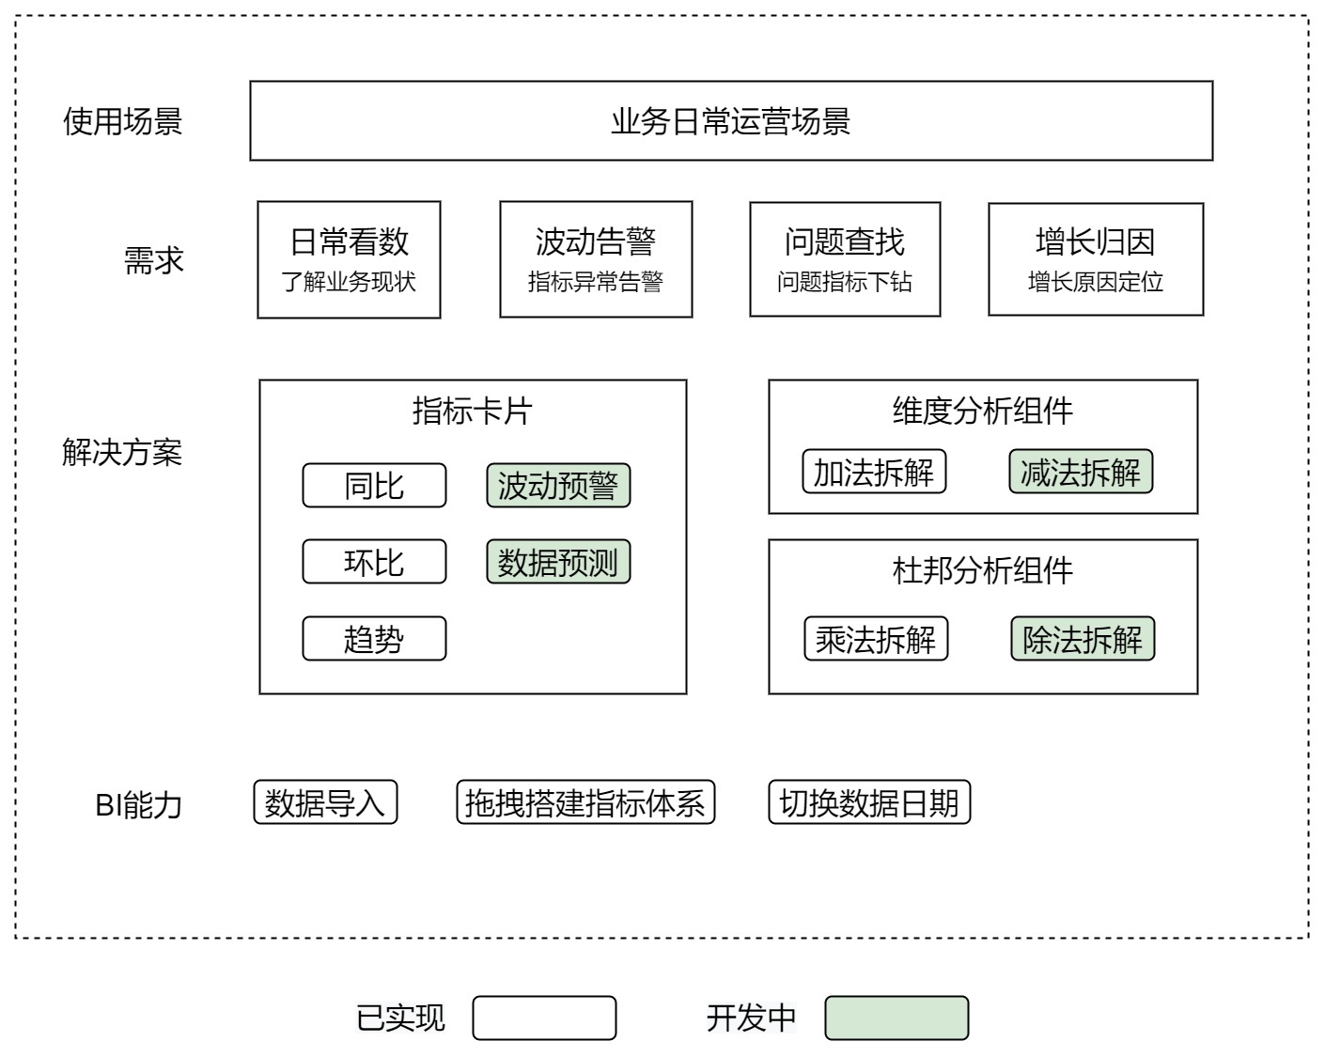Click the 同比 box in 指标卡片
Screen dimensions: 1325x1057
tap(374, 485)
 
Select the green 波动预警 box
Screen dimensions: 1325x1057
tap(558, 485)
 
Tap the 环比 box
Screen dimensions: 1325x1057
tap(374, 562)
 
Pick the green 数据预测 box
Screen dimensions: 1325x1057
tap(558, 562)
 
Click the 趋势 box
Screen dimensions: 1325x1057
tap(374, 638)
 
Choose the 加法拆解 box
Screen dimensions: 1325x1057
tap(874, 471)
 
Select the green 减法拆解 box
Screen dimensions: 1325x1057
tap(1081, 471)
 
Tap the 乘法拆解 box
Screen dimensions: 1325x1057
tap(876, 638)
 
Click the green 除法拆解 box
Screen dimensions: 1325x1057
tap(1083, 638)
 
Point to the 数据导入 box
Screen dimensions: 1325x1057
tap(325, 802)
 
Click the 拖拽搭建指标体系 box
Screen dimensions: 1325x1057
tap(585, 802)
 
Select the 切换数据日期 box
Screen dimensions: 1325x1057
tap(869, 802)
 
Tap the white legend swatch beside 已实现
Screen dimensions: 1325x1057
tap(544, 1018)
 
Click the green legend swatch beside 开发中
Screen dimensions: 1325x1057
tap(896, 1018)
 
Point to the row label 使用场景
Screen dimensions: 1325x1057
tap(122, 120)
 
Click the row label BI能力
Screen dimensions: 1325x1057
tap(138, 804)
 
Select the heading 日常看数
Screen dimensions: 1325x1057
tap(350, 241)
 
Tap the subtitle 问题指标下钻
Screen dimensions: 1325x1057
tap(845, 281)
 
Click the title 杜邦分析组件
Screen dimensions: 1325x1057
tap(983, 570)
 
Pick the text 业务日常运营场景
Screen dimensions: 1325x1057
tap(731, 120)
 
